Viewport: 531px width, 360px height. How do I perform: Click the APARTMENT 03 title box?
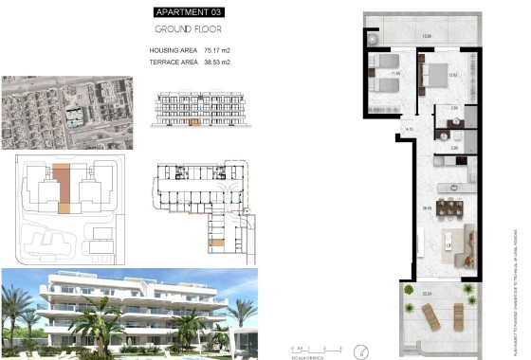(x=190, y=12)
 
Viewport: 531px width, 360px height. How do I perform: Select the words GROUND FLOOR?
(x=190, y=29)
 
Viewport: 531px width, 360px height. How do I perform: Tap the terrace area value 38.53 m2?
(x=217, y=62)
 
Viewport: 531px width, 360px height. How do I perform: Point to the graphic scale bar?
(x=311, y=351)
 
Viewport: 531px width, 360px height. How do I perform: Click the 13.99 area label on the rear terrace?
(x=427, y=36)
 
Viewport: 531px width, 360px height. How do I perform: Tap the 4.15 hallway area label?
(x=410, y=128)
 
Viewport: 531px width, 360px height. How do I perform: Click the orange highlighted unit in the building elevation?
(x=195, y=121)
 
